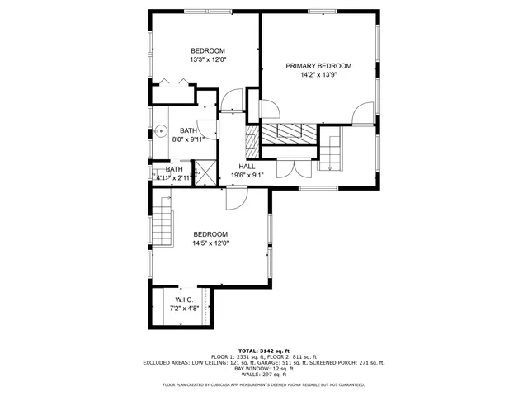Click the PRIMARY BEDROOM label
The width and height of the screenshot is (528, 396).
point(318,66)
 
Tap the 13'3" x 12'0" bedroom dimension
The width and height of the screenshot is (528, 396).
point(208,59)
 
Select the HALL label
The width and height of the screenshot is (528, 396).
point(247,166)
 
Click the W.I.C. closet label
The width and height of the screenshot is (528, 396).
point(183,299)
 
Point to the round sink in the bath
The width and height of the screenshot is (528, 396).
point(162,130)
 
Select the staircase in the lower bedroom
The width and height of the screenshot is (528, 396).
point(163,224)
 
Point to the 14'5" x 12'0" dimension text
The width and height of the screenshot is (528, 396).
point(210,243)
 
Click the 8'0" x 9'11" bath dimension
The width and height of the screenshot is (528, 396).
point(187,139)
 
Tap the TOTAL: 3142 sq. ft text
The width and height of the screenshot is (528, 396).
point(263,350)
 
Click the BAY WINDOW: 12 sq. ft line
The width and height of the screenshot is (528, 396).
point(263,368)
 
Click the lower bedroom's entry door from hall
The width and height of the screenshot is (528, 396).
point(238,197)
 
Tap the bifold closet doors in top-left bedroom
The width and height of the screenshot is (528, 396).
point(174,82)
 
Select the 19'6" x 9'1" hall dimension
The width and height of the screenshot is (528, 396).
point(247,175)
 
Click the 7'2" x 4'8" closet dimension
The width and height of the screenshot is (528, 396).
point(183,309)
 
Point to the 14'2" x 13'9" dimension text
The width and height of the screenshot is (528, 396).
point(318,75)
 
